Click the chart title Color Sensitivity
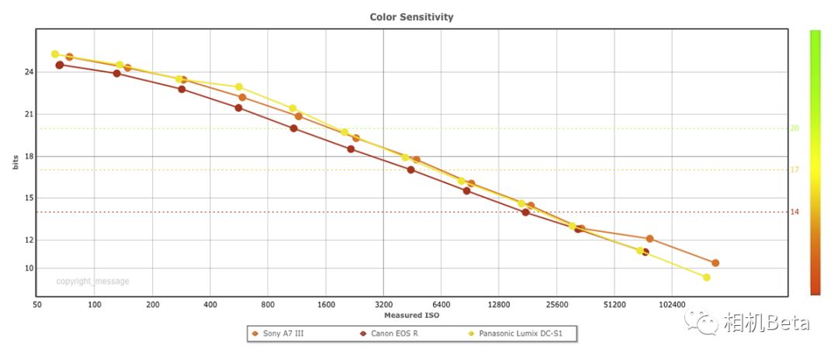411,16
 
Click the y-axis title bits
15,161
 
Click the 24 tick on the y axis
29,72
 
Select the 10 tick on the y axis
29,268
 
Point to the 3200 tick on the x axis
383,304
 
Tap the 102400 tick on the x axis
672,304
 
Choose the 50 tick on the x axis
37,304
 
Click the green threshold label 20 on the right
795,129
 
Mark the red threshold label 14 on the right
795,212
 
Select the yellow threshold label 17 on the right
795,170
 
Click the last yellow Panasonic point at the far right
706,277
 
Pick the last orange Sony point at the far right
715,263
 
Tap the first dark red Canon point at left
60,65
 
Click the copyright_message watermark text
92,282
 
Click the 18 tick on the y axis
29,156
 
